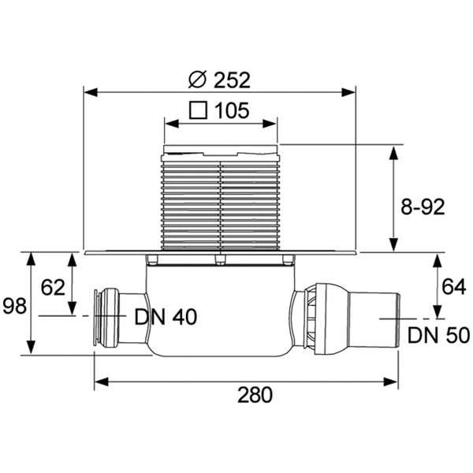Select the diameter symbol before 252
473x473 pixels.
[198, 80]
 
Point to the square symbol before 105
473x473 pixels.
[198, 110]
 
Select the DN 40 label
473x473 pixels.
[166, 317]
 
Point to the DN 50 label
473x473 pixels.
[439, 335]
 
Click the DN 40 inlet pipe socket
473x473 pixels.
[106, 317]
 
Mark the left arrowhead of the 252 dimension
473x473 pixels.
[88, 91]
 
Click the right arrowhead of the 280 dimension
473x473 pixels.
[392, 383]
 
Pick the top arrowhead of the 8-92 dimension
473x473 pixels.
[393, 149]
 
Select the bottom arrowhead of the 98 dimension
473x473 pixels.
[32, 349]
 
